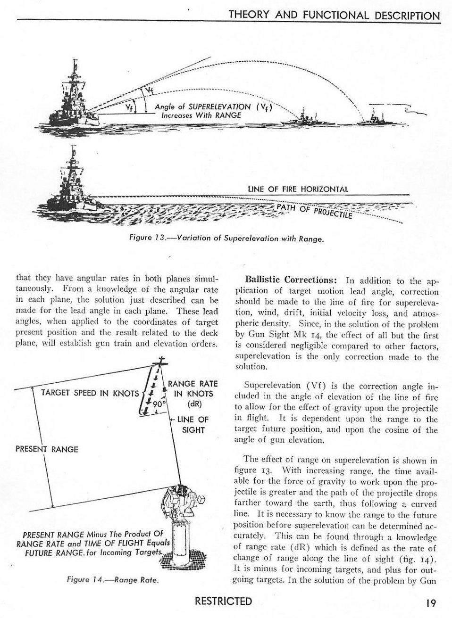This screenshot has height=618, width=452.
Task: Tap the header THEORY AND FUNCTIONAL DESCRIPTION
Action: pos(334,15)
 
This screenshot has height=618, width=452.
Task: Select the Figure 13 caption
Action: pos(226,239)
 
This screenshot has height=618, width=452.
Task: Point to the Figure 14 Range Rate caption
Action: pos(112,580)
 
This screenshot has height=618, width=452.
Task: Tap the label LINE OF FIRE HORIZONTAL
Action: pos(298,189)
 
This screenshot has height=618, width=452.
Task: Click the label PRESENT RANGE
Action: pos(47,449)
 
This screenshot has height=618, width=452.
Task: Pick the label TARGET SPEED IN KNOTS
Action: pos(90,393)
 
